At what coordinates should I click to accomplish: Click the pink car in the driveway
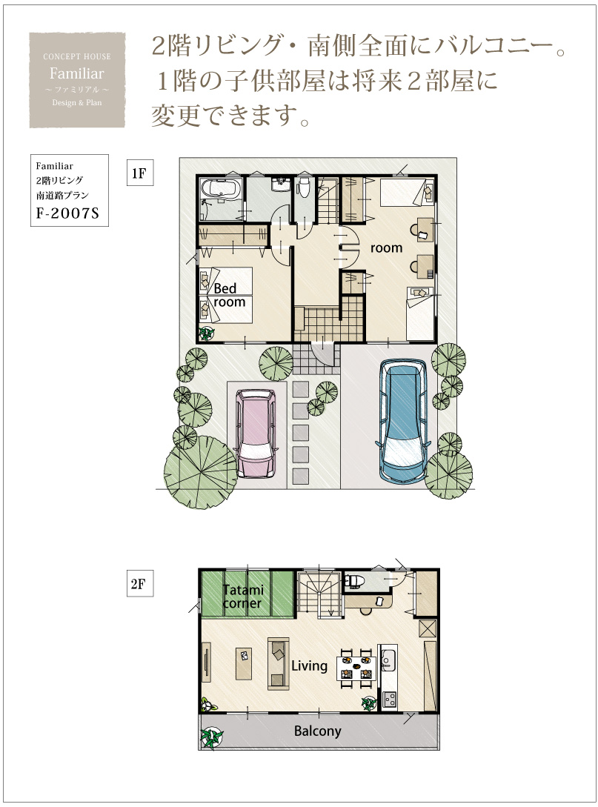(255, 432)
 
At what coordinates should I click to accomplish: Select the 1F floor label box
(140, 173)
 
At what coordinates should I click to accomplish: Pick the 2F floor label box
(140, 584)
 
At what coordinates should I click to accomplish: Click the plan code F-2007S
(67, 213)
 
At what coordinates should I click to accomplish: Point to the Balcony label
(318, 731)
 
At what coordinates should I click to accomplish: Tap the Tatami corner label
(243, 596)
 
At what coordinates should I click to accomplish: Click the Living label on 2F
(309, 666)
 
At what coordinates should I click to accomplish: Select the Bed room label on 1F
(229, 296)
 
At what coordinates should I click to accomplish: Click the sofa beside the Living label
(279, 663)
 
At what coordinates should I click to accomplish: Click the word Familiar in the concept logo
(76, 73)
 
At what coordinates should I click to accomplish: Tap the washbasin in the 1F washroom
(280, 184)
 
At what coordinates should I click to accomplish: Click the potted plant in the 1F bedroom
(207, 333)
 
